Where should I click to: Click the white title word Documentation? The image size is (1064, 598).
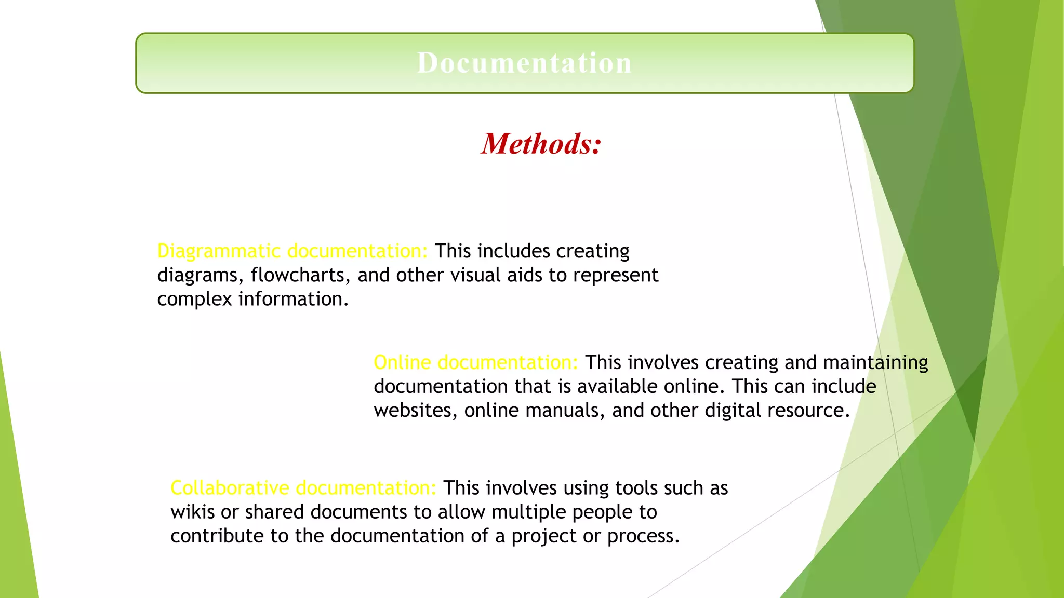click(524, 63)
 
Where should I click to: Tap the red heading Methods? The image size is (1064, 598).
click(541, 144)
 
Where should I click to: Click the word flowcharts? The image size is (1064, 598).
click(297, 275)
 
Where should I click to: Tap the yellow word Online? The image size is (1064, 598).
click(402, 362)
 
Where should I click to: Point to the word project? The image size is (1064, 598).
click(543, 536)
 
